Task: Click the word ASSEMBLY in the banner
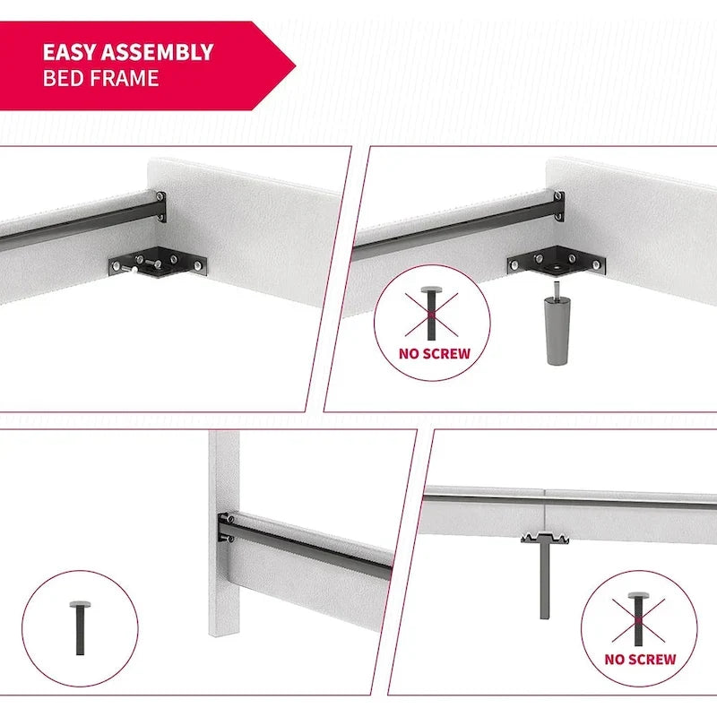point(158,52)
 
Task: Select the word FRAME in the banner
point(124,78)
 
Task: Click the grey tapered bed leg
point(557,329)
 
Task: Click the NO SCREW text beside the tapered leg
point(435,354)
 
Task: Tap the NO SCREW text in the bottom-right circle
point(640,660)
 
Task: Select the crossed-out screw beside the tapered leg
point(431,314)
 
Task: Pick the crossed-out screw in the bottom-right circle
point(638,619)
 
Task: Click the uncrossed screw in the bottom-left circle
point(80,628)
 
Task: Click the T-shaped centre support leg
point(545,575)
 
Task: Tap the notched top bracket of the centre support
point(545,538)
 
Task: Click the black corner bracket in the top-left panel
point(158,263)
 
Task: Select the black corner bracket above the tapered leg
point(556,261)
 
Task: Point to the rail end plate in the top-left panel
point(160,207)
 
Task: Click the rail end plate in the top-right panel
point(558,206)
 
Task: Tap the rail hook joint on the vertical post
point(227,528)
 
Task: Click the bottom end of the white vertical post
point(223,634)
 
